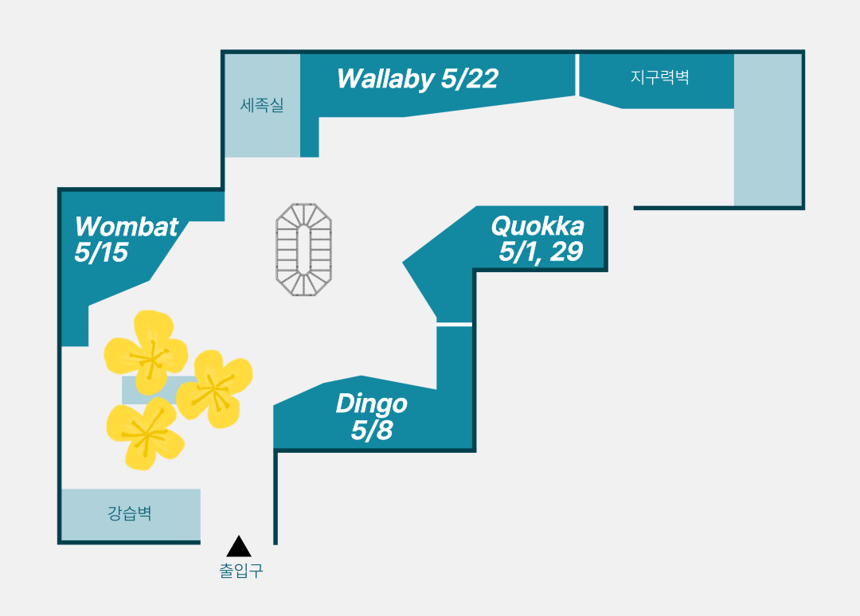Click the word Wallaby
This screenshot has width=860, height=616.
pos(385,79)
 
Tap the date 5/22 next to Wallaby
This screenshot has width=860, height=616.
pos(470,78)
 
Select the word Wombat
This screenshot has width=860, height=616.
pos(127,226)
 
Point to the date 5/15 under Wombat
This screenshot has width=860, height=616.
pos(101,252)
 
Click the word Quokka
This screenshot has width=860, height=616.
pos(537,226)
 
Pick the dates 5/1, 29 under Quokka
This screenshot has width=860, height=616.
pos(541,251)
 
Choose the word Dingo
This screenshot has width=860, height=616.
pos(371,404)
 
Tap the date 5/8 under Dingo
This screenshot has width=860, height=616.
pos(372,430)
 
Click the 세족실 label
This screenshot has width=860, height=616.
pos(262,104)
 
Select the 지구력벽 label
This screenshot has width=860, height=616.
pos(660,76)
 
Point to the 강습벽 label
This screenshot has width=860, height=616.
pos(130,513)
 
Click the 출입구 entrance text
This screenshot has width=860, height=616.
pos(241,571)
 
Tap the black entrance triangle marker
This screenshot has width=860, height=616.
pos(239,548)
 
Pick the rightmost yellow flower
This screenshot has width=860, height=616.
pos(214,388)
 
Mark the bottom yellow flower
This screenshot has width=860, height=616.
pos(145,434)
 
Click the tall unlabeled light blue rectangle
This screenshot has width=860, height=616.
pos(768,130)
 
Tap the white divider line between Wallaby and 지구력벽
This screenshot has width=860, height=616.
pos(577,75)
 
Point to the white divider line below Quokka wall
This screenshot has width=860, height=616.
pos(454,325)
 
